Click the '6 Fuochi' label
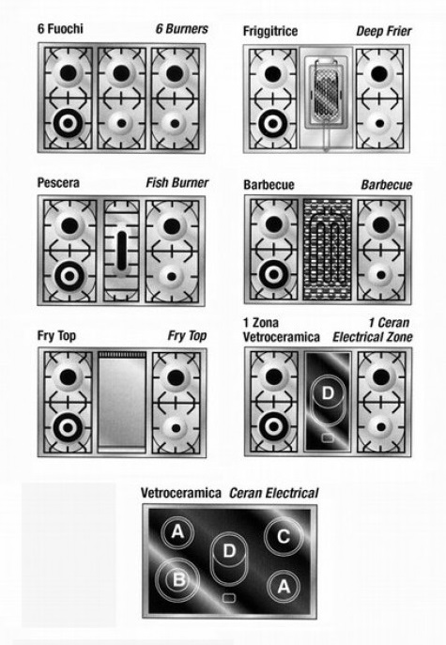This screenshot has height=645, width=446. [x=60, y=29]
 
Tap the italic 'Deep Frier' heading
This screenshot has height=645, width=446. [x=384, y=31]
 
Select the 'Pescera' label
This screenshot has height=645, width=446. [x=58, y=183]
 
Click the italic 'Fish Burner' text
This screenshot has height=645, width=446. [x=177, y=183]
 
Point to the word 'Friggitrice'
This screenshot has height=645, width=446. [x=270, y=31]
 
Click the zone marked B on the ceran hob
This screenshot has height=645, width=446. [x=177, y=579]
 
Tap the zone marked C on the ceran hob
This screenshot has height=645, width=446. [x=284, y=536]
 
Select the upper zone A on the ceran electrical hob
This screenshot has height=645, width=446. [x=177, y=532]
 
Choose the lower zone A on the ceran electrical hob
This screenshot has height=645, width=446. [x=284, y=586]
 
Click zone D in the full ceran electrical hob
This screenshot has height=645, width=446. [x=229, y=558]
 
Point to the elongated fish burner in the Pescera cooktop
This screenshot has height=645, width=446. [x=122, y=251]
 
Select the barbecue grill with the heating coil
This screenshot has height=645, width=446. [x=328, y=250]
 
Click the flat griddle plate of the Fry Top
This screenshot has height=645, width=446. [x=122, y=402]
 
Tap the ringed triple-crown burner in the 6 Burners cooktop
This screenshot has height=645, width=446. [x=68, y=123]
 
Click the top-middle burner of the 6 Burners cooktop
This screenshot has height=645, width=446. [x=121, y=73]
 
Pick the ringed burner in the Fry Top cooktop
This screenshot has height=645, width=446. [x=68, y=427]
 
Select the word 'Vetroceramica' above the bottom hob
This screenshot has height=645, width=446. [x=181, y=492]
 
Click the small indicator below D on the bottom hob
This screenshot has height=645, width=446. [x=229, y=598]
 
